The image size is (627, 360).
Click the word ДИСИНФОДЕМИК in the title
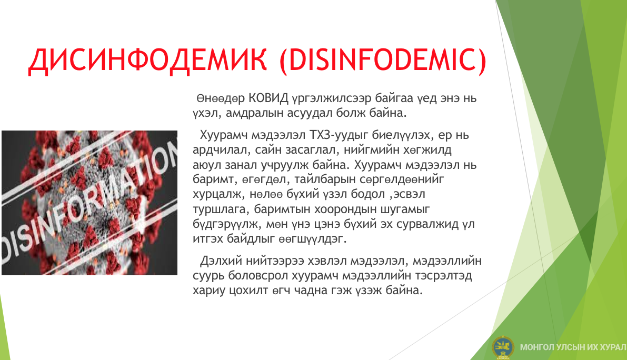click(147, 60)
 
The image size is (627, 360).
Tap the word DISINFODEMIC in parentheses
click(383, 60)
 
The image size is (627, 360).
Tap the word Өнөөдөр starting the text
click(221, 98)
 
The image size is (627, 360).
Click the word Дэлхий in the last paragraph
click(221, 261)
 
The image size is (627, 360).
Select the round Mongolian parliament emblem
click(503, 347)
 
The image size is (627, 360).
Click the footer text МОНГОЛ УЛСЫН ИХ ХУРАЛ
click(573, 347)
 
